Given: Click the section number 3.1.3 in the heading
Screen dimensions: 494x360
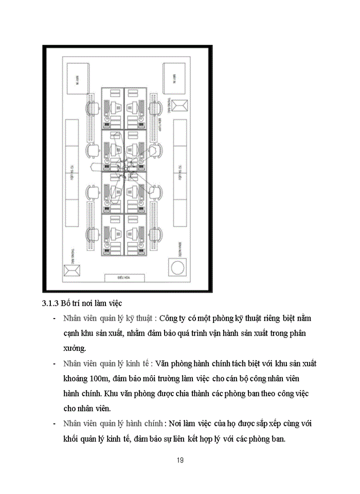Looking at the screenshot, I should pyautogui.click(x=50, y=303).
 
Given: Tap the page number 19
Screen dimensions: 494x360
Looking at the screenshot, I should pyautogui.click(x=179, y=460).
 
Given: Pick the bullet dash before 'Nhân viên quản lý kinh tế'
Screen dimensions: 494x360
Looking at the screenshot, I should pyautogui.click(x=55, y=364).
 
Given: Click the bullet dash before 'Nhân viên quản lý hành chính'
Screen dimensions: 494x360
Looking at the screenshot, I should pyautogui.click(x=55, y=424).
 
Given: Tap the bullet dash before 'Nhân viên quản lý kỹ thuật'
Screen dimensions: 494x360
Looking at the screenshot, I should pyautogui.click(x=55, y=319).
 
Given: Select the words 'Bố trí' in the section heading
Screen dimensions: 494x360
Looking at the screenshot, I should pyautogui.click(x=71, y=303).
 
